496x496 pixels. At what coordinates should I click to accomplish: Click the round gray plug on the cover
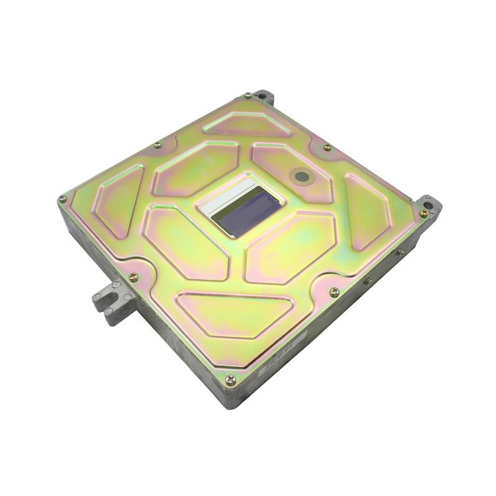(302, 177)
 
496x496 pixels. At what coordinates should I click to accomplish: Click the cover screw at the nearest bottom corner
(230, 379)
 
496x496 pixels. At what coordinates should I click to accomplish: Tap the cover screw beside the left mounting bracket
(133, 277)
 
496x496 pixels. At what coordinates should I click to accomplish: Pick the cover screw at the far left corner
(63, 199)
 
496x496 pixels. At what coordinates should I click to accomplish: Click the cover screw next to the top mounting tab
(248, 95)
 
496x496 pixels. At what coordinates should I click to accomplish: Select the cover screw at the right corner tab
(423, 213)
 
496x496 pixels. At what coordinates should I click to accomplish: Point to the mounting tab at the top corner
(263, 96)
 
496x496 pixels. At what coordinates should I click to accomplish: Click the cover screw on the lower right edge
(334, 291)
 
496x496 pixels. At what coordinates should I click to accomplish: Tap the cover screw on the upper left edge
(157, 145)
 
